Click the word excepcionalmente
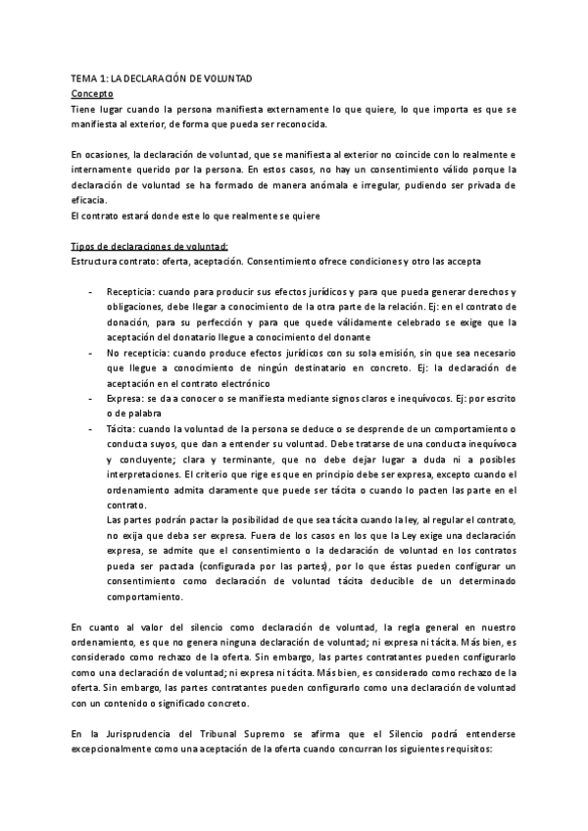[121, 748]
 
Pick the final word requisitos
[460, 748]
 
